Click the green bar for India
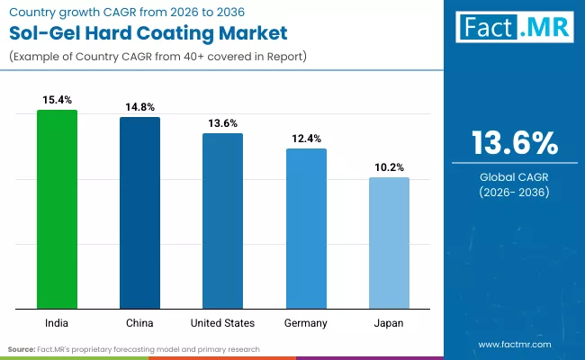pyautogui.click(x=57, y=209)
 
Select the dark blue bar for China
pyautogui.click(x=139, y=212)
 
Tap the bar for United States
pyautogui.click(x=222, y=220)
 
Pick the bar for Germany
pyautogui.click(x=306, y=229)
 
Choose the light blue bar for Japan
pyautogui.click(x=389, y=243)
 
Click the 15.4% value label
pyautogui.click(x=57, y=99)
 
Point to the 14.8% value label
pyautogui.click(x=139, y=106)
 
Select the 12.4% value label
pyautogui.click(x=306, y=138)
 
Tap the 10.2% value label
pyautogui.click(x=389, y=166)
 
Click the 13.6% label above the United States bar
pyautogui.click(x=222, y=122)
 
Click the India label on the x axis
pyautogui.click(x=57, y=322)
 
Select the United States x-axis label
pyautogui.click(x=222, y=322)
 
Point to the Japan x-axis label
pyautogui.click(x=389, y=322)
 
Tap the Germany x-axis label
pyautogui.click(x=306, y=322)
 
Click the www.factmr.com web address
pyautogui.click(x=514, y=345)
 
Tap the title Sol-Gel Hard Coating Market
pyautogui.click(x=148, y=34)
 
